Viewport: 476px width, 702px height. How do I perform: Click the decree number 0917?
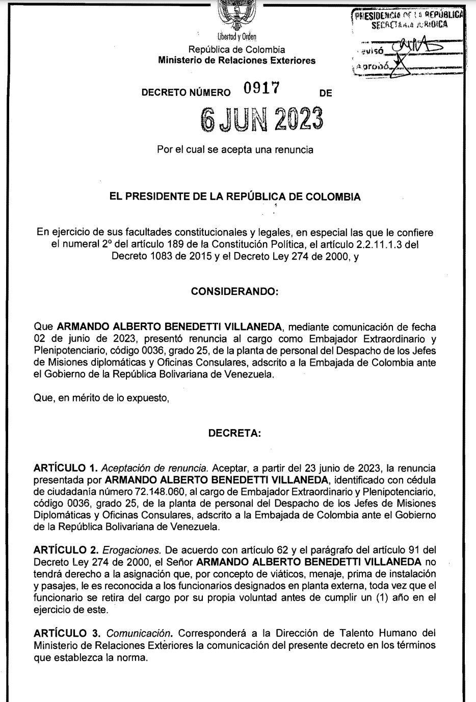click(261, 89)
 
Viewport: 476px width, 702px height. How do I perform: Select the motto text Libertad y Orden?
click(236, 37)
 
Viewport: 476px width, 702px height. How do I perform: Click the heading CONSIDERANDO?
click(234, 292)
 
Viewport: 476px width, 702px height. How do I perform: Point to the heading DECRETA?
click(234, 434)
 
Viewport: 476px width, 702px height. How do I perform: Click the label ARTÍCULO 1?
click(65, 467)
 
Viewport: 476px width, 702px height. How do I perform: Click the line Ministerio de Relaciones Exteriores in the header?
click(236, 61)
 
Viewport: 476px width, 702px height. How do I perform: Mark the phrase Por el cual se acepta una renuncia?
click(235, 150)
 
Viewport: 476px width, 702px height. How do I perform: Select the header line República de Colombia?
click(236, 49)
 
